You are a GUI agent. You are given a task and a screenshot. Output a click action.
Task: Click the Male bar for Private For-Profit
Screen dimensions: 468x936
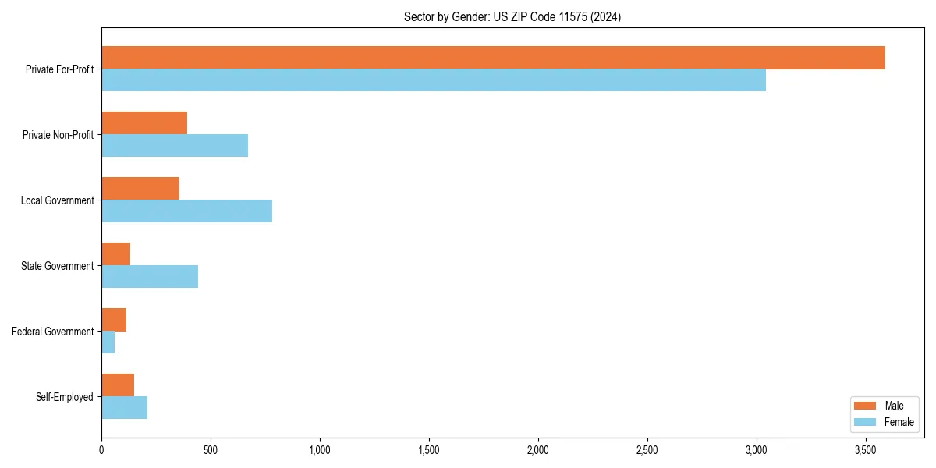coord(493,58)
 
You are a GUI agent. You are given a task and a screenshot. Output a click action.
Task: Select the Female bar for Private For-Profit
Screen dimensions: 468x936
coord(434,80)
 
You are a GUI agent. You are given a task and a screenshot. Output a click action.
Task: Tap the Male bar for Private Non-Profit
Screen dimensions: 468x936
coord(144,123)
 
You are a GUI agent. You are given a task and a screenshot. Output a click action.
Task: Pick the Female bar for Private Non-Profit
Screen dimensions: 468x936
coord(175,146)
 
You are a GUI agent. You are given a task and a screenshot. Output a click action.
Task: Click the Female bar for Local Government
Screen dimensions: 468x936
coord(186,211)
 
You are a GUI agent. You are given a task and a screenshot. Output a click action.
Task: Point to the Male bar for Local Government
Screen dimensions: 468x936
coord(140,189)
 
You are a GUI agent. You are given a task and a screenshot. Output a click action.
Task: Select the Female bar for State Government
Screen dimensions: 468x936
coord(150,277)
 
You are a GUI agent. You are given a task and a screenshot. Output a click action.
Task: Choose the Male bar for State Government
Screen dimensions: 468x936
coord(115,254)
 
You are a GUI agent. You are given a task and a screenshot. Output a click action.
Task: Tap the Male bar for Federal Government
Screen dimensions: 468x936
coord(114,320)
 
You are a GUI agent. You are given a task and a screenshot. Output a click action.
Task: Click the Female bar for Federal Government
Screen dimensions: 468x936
coord(108,342)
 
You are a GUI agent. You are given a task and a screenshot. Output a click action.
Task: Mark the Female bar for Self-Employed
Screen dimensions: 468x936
coord(124,408)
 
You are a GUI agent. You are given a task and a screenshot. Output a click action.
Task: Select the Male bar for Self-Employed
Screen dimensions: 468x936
coord(118,385)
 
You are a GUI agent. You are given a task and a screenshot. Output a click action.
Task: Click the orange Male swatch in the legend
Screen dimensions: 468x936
coord(866,406)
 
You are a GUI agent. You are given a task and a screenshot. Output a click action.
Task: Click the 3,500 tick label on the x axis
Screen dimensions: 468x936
coord(866,450)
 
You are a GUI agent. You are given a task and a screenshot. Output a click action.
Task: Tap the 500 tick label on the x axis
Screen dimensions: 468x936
coord(211,450)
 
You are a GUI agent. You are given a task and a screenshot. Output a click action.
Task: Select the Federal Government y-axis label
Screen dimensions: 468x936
coord(53,331)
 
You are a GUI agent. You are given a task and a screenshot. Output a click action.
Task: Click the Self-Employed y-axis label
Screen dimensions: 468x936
coord(65,397)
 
